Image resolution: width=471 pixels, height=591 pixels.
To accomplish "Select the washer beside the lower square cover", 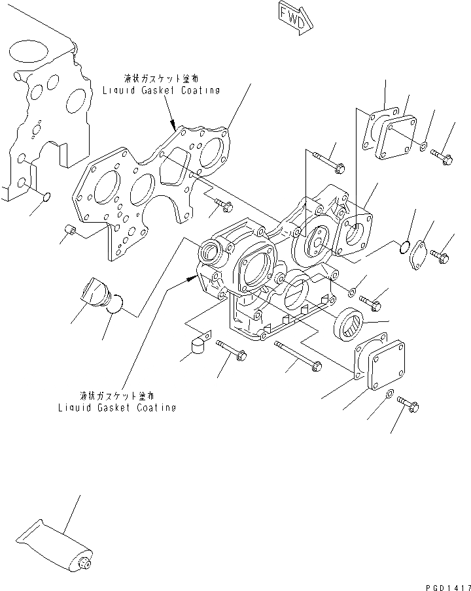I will click(x=390, y=394).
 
